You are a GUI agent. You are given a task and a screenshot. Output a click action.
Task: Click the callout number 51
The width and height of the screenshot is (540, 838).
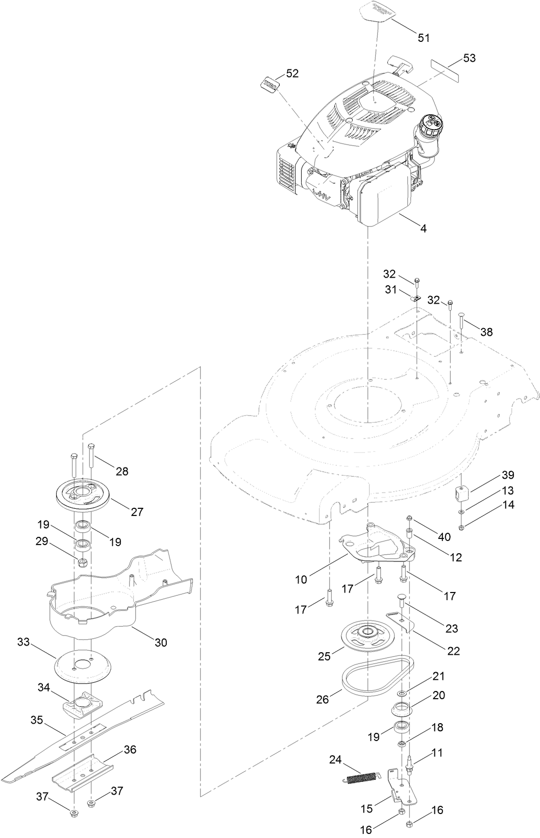(x=424, y=37)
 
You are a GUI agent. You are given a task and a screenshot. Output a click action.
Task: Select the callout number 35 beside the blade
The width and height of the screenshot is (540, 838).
(x=36, y=720)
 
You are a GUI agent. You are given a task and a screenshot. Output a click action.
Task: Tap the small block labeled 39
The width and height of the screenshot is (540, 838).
(x=462, y=494)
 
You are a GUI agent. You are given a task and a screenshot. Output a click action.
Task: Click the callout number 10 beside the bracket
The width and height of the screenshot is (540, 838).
(x=301, y=579)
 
